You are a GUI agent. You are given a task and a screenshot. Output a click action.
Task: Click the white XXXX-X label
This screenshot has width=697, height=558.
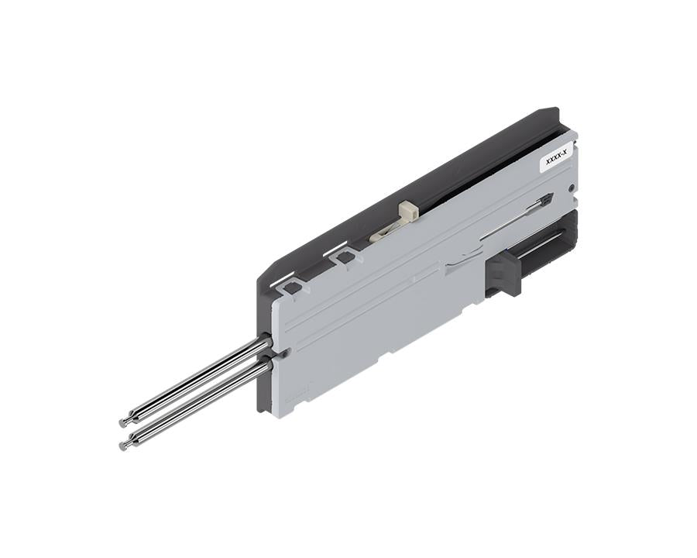557,158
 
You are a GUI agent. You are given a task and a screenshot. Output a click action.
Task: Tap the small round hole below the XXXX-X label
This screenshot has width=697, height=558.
572,186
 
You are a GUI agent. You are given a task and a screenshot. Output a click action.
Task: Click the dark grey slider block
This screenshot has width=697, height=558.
503,272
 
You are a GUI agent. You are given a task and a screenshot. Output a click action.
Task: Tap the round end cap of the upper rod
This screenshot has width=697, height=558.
124,423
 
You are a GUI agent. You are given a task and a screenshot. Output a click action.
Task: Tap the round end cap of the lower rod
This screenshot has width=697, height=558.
124,446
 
